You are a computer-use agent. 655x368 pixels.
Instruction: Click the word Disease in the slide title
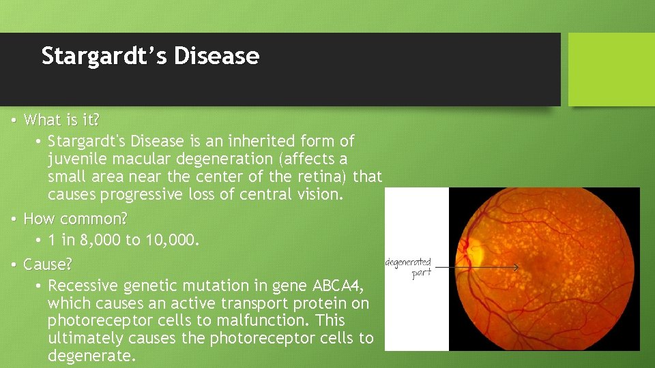click(x=216, y=56)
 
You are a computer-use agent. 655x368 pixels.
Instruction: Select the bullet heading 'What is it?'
click(x=61, y=120)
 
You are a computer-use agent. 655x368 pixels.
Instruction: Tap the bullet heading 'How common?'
click(x=75, y=219)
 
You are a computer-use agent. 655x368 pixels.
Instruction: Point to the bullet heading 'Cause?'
click(x=48, y=264)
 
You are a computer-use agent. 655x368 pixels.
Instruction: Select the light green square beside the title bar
click(x=611, y=70)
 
